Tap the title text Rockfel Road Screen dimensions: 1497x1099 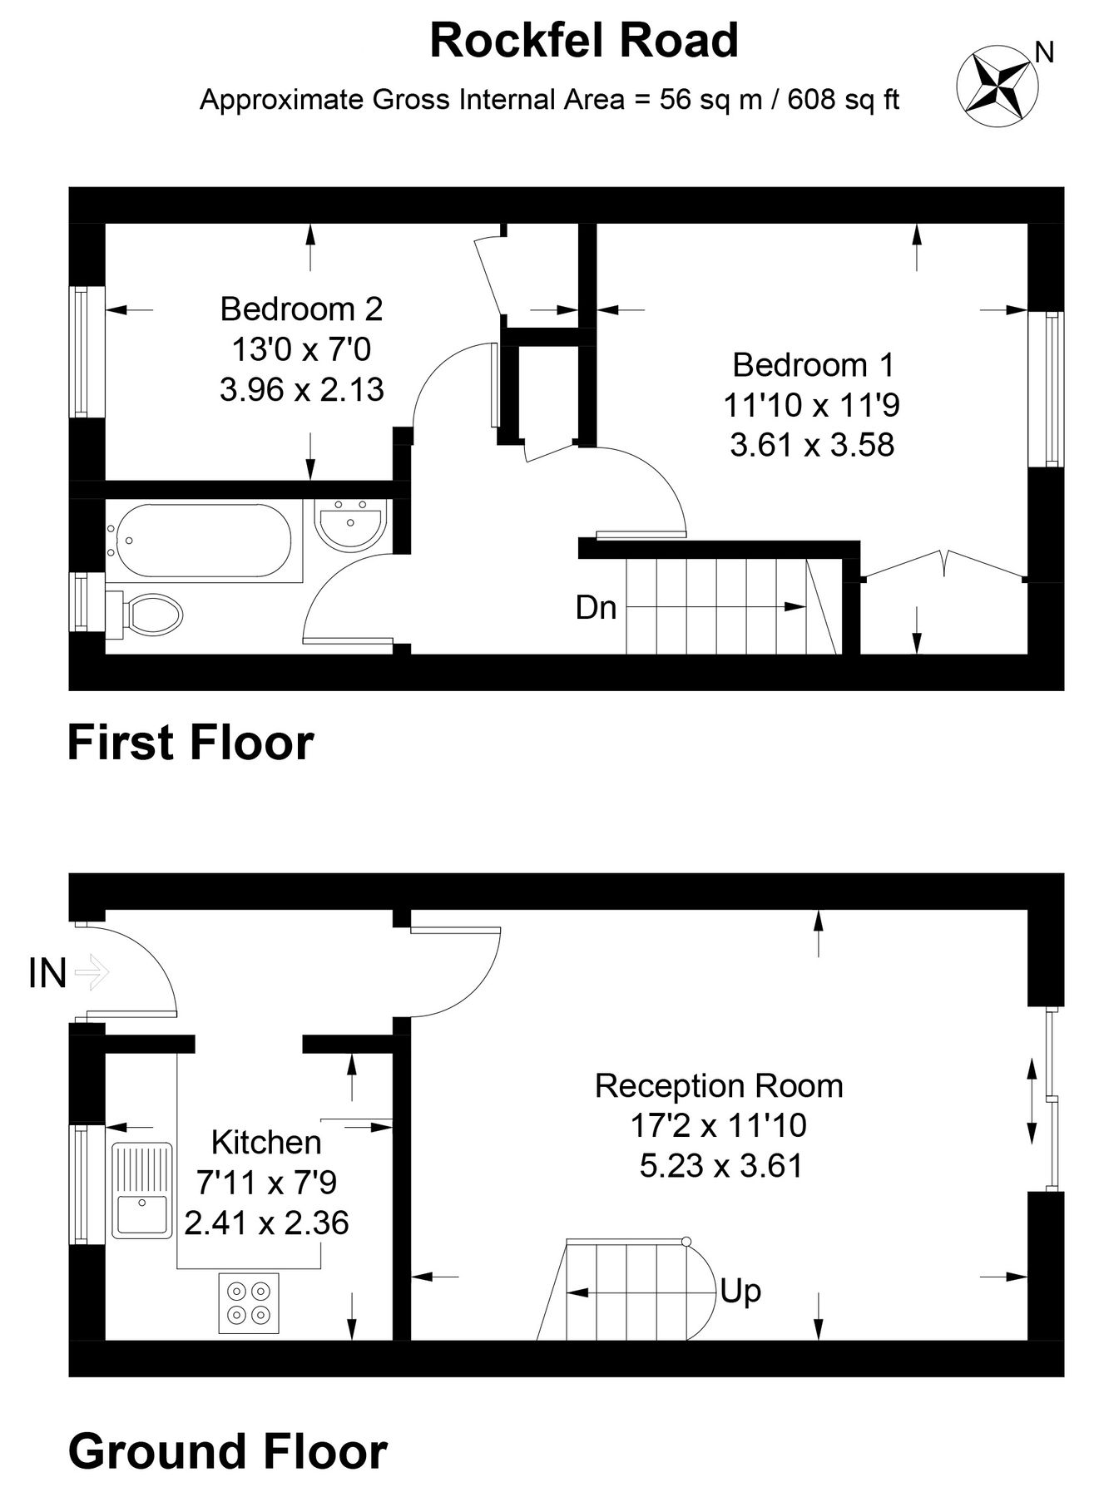[583, 41]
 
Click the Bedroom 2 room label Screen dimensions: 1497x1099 [301, 309]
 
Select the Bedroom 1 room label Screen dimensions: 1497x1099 [812, 364]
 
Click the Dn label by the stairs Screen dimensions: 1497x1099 [596, 608]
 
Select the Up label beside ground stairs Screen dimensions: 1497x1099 [740, 1292]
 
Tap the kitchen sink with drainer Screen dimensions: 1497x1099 [142, 1189]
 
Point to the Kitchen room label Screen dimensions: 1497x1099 [266, 1143]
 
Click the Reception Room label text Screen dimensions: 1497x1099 [719, 1086]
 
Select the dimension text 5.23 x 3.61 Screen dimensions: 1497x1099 [720, 1166]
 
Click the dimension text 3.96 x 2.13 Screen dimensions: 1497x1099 [301, 389]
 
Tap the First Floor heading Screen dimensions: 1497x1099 [191, 743]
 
